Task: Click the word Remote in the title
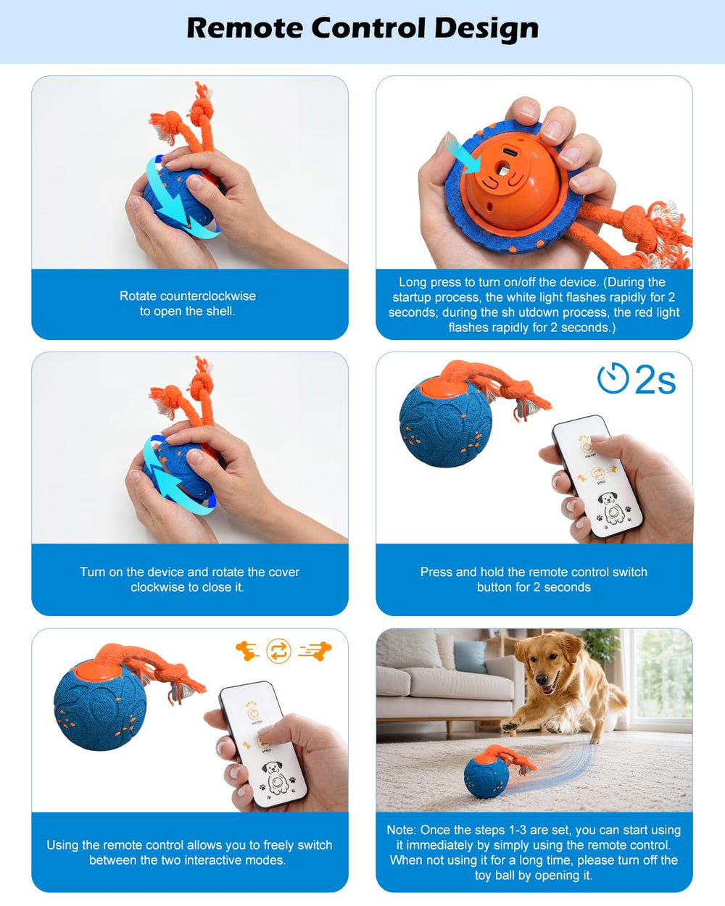point(244,28)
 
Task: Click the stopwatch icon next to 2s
point(613,378)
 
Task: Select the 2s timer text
point(655,379)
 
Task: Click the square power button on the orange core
point(503,170)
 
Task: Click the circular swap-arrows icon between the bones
point(278,651)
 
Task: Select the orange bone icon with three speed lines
point(315,651)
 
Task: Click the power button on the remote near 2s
point(586,446)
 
